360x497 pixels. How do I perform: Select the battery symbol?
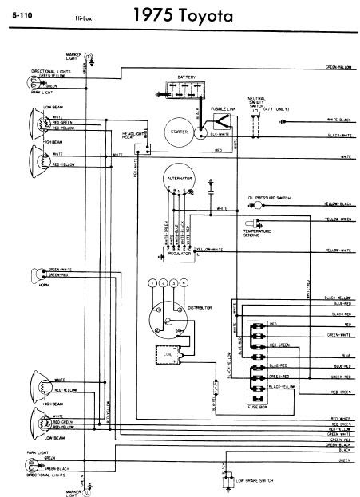(x=176, y=89)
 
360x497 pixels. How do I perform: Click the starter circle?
(x=177, y=132)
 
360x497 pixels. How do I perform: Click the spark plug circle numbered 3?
(x=173, y=283)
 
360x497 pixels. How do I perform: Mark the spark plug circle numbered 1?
(x=152, y=283)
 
